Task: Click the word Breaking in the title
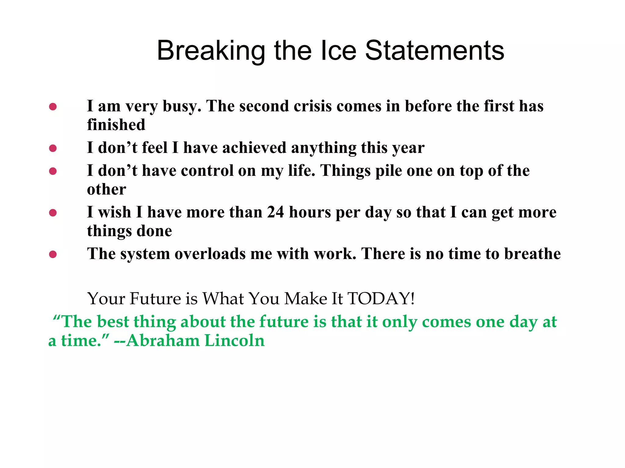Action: coord(211,51)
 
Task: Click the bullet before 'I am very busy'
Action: coord(53,107)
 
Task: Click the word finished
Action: coord(116,125)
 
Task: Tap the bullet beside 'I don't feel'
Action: coord(53,148)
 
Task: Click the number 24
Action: coord(276,212)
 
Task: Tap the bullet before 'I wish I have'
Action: coord(53,213)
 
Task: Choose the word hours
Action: coord(310,212)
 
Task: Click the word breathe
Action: coord(532,254)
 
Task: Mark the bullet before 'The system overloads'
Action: coord(53,254)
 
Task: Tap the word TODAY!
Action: coord(381,298)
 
